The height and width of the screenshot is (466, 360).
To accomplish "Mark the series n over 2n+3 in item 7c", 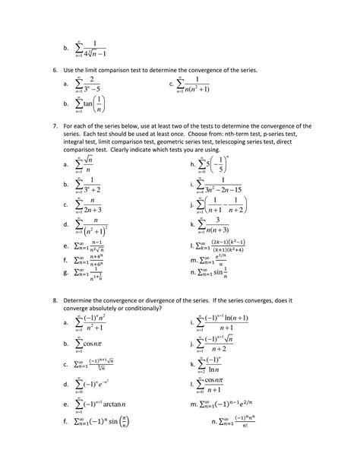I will point(90,204).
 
